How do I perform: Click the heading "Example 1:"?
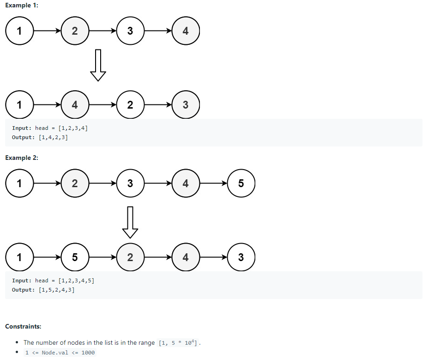(21, 5)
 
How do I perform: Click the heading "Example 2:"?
(21, 158)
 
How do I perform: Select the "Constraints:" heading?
(23, 326)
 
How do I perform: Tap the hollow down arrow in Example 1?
(98, 65)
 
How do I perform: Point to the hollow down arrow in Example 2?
(130, 220)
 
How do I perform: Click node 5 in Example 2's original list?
(241, 183)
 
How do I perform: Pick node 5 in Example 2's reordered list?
(75, 257)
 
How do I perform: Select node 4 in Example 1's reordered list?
(75, 105)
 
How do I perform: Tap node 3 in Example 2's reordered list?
(241, 257)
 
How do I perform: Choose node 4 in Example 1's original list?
(185, 31)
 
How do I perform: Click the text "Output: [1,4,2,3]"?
(40, 137)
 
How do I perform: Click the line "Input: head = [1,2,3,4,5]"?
(53, 281)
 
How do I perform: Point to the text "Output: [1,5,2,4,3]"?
(43, 290)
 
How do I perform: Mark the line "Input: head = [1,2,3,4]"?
(50, 128)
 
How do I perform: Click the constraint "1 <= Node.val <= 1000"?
(60, 353)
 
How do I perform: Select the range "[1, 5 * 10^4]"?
(178, 343)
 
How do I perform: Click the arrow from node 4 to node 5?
(213, 183)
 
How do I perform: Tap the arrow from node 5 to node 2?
(102, 257)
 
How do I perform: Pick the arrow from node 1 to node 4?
(47, 105)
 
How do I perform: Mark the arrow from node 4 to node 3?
(213, 257)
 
